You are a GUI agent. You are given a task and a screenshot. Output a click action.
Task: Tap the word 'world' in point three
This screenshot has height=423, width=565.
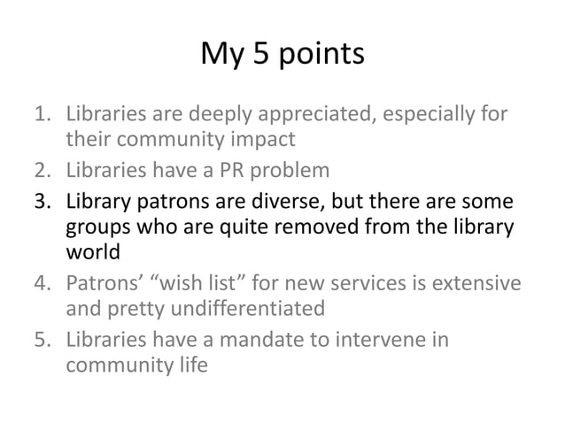pyautogui.click(x=92, y=254)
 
